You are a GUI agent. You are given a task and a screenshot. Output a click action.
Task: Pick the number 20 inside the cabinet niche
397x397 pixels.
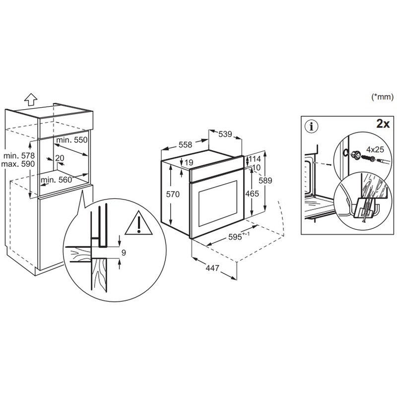(x=60, y=158)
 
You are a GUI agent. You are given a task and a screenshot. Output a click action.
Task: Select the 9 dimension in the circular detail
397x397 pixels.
(x=124, y=253)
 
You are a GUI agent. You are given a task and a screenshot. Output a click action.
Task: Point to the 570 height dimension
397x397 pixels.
(x=172, y=195)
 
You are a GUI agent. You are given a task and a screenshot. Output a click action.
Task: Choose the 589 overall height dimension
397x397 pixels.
(x=266, y=182)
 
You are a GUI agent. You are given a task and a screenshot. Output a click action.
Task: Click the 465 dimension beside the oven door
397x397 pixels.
(x=253, y=194)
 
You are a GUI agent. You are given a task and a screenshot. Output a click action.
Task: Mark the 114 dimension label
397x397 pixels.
(x=254, y=159)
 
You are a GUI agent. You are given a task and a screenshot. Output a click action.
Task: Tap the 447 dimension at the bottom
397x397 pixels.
(x=212, y=268)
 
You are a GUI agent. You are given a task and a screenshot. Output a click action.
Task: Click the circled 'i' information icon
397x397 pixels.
(x=312, y=127)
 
